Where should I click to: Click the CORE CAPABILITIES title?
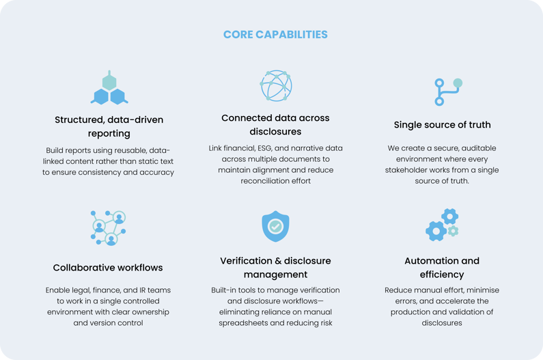click(275, 34)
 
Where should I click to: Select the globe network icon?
click(275, 85)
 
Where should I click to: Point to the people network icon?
click(109, 227)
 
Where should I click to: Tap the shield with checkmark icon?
click(275, 227)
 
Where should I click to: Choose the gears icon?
click(442, 225)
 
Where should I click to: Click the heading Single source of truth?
click(442, 125)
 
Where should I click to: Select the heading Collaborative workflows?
click(108, 267)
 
